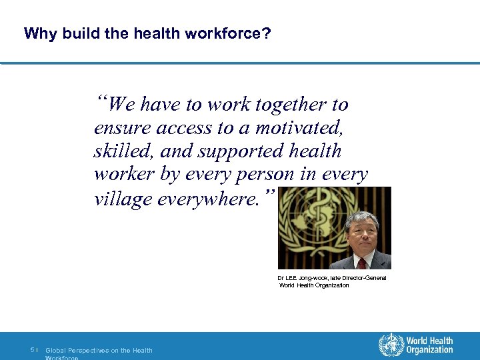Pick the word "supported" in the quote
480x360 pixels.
(247, 151)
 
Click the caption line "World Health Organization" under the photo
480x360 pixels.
(314, 285)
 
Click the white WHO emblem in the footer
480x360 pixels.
(391, 345)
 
